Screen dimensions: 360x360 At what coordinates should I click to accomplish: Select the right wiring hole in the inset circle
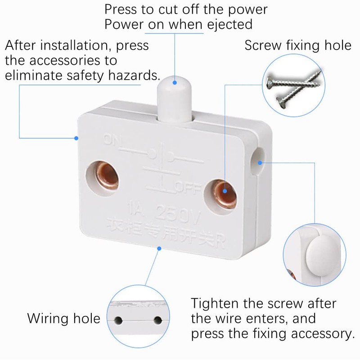pyautogui.click(x=157, y=320)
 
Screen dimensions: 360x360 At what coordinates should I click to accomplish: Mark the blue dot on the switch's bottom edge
pyautogui.click(x=158, y=247)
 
